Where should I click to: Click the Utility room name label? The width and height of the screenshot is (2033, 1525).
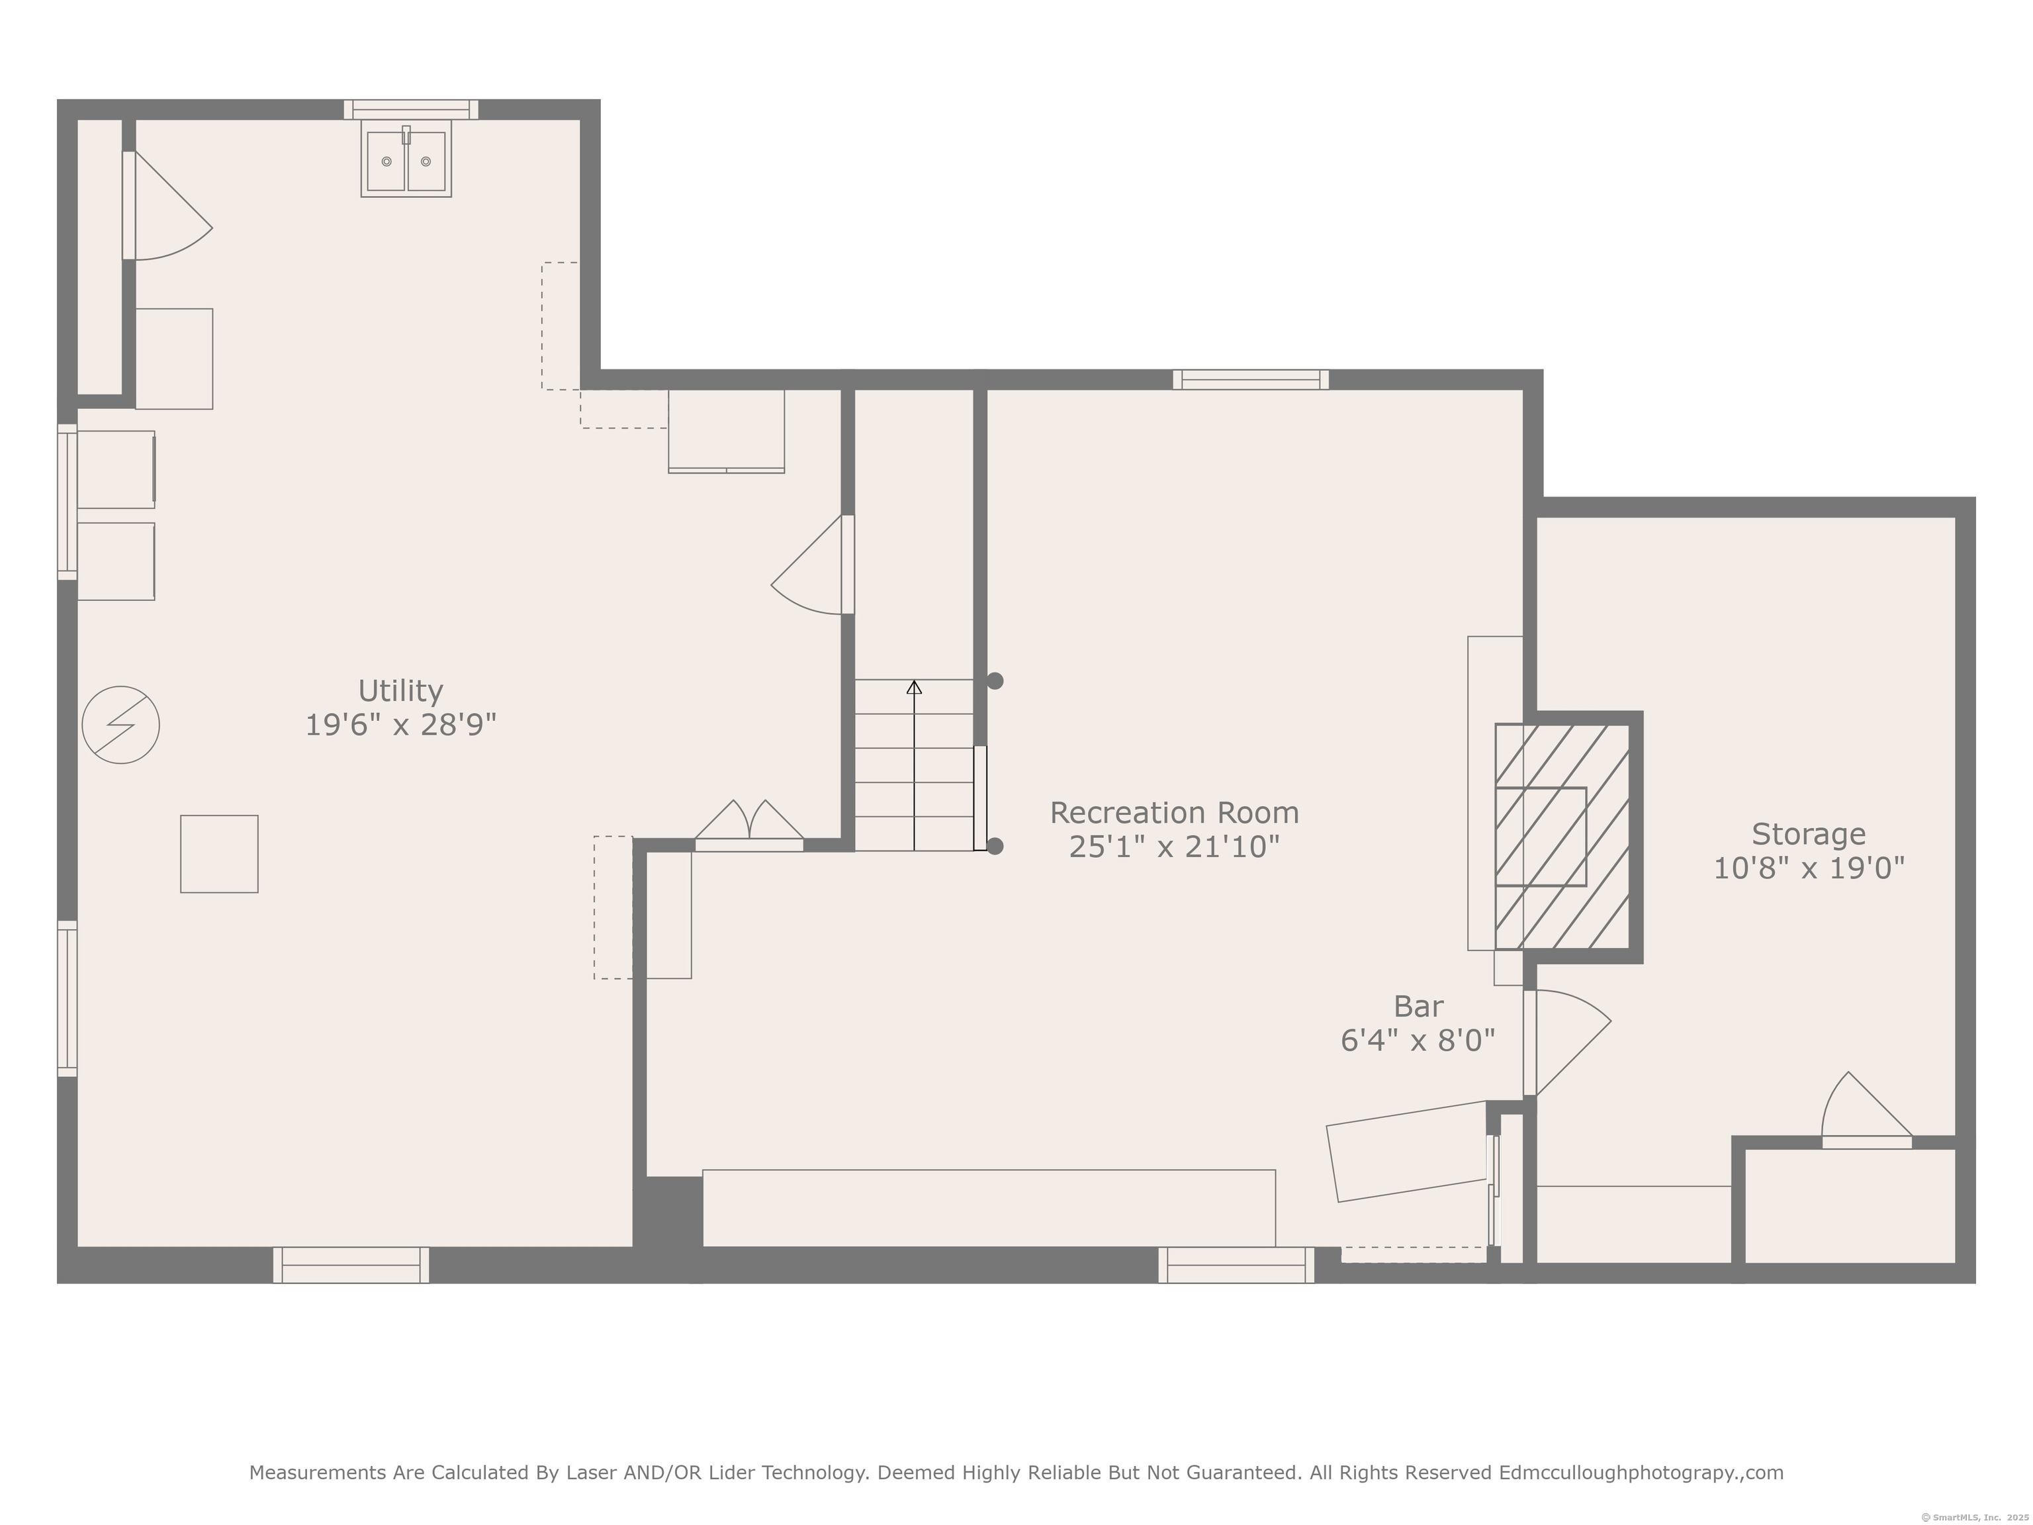(401, 690)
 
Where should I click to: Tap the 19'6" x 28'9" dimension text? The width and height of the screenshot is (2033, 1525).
(401, 725)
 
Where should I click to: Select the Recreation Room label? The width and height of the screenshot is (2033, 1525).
(1175, 813)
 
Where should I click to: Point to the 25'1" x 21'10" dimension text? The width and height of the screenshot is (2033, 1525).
(1175, 847)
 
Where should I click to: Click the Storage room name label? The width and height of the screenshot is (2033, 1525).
(1809, 834)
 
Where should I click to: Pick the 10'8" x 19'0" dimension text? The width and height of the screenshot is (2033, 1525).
(1809, 868)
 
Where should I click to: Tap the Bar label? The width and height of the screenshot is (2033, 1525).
(1418, 1007)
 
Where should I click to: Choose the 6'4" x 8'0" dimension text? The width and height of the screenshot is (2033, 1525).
(1418, 1040)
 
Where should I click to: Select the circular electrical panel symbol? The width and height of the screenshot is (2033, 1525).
(120, 725)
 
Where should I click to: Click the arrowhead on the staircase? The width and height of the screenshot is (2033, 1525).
(915, 686)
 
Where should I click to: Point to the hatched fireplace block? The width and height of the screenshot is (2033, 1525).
(1562, 837)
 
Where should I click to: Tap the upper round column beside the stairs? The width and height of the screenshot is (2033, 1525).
(995, 681)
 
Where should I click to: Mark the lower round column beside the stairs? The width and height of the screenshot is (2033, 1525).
(995, 847)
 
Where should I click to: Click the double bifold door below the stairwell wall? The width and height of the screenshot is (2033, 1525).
(749, 825)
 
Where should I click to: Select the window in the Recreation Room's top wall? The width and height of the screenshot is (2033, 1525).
(1251, 380)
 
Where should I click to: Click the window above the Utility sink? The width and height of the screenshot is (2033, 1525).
(411, 109)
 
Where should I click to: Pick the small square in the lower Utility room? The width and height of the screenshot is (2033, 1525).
(219, 854)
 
